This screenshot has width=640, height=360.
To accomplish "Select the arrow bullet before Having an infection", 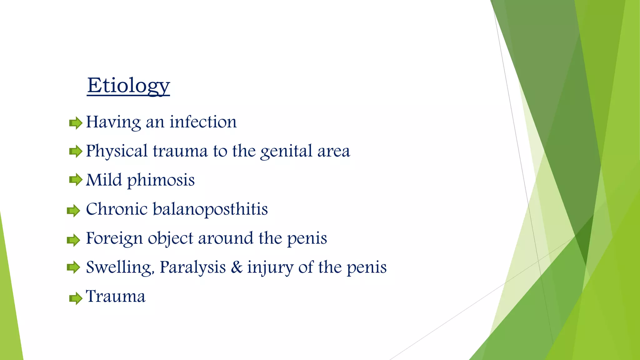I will click(75, 123).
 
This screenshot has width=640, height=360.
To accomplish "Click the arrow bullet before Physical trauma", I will click(75, 152).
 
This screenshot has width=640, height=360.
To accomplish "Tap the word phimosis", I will click(161, 180).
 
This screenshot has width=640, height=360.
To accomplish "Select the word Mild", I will click(104, 180).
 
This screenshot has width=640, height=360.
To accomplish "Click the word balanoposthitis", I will click(210, 209).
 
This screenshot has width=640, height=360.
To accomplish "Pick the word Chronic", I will click(117, 209).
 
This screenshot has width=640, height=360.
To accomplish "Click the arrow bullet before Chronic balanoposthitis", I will click(73, 211).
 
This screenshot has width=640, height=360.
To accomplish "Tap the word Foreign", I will click(114, 238).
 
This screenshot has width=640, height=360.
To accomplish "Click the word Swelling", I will click(120, 267).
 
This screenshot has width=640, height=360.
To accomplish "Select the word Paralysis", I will click(192, 267).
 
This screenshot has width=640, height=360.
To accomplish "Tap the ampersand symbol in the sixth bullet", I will click(237, 267).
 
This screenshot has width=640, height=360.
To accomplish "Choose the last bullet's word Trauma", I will click(116, 296).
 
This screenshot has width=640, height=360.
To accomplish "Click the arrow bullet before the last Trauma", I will click(75, 298).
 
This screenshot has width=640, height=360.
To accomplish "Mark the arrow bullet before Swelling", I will click(73, 267).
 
